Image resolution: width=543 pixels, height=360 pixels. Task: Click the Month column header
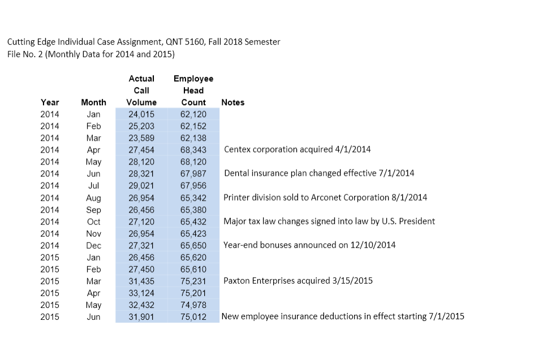point(93,102)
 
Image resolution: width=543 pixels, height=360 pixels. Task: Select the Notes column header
point(233,102)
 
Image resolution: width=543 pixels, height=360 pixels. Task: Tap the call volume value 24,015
point(141,114)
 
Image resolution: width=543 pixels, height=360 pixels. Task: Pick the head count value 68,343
point(193,150)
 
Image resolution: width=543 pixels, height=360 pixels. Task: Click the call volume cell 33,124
point(141,293)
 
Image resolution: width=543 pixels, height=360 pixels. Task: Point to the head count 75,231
point(193,281)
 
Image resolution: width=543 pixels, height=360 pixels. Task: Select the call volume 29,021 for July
point(141,185)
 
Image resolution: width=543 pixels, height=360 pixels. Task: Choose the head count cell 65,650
point(193,245)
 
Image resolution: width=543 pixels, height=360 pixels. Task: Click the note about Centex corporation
point(298,150)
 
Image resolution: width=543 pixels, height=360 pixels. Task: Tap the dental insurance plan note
point(319,173)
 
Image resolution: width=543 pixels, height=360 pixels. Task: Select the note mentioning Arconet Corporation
point(325,197)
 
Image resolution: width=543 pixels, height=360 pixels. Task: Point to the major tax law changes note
point(329,221)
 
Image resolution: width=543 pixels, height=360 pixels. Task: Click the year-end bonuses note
point(310,245)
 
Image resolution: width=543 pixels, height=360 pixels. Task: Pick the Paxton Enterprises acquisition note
point(298,280)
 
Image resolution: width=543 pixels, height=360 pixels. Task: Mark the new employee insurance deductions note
point(343,316)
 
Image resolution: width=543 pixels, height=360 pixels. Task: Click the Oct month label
point(93,222)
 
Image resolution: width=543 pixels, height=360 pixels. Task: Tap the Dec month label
point(93,245)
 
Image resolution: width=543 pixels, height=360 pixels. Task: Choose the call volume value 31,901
point(141,317)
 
